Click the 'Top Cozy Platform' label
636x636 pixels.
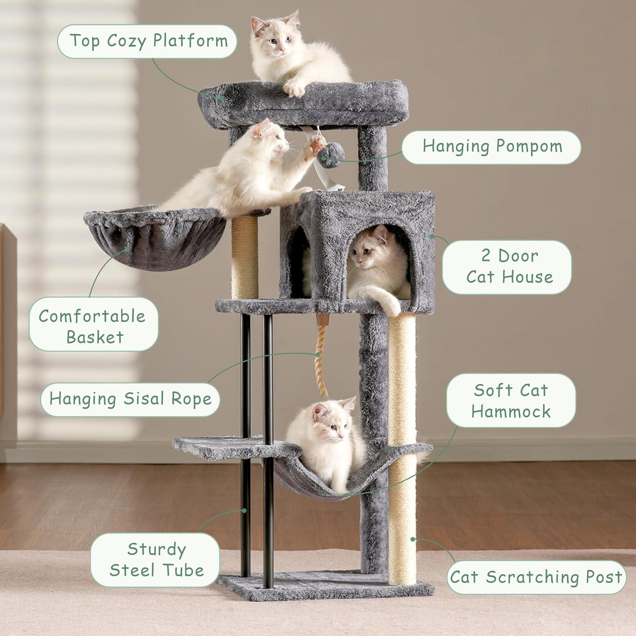click(x=147, y=41)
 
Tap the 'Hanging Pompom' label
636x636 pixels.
click(x=491, y=147)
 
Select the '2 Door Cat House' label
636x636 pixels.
click(x=507, y=266)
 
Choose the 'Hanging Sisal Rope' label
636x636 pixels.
click(x=130, y=399)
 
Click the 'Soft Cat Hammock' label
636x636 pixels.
click(x=510, y=401)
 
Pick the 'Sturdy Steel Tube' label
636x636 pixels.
click(x=156, y=560)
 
